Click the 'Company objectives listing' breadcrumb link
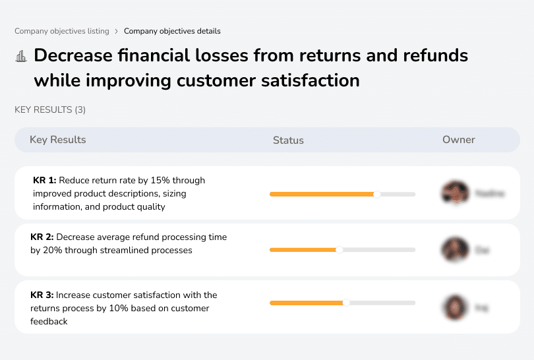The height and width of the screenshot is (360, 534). pos(61,31)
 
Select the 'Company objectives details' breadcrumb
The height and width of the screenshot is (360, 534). pos(172,31)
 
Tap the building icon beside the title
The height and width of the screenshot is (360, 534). pos(21,56)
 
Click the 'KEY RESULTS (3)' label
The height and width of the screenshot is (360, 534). pos(50,109)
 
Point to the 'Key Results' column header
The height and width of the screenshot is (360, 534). pos(57,140)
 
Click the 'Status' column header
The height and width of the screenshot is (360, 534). pos(288,140)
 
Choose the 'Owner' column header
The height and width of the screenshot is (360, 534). pos(458,140)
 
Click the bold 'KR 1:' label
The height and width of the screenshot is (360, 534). pos(44,180)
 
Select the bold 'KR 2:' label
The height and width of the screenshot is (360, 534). pos(43,237)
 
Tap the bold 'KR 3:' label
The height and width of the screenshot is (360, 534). pos(43,295)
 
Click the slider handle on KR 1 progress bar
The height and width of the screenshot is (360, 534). pos(377,194)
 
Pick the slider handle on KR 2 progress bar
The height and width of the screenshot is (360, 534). pos(340,250)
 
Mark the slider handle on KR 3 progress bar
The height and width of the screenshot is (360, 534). pos(346,303)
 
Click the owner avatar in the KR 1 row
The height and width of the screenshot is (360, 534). pos(455,193)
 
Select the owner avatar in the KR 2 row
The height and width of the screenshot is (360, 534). pos(455,250)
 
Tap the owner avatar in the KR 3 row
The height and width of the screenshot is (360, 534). pos(455,307)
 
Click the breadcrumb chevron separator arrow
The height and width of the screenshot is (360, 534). pos(116,31)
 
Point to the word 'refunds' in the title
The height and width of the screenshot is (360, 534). pos(432,55)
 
